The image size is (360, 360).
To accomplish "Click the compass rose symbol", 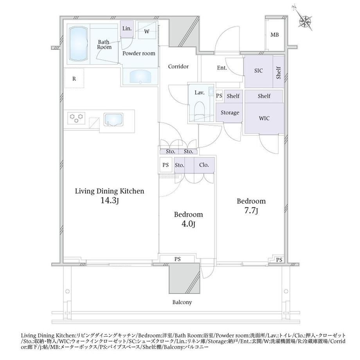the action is tap(305, 21).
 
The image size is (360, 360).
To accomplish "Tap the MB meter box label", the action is tap(275, 35).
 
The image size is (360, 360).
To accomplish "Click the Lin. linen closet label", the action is tap(127, 29).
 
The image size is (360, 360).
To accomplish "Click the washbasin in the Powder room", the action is tap(140, 76).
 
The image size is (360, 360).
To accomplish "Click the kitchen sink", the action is tap(113, 119).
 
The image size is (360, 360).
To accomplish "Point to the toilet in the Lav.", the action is tap(200, 110).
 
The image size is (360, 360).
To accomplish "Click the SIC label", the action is tap(258, 71).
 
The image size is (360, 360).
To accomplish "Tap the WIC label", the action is tap(264, 119).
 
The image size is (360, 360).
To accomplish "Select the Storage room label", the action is tap(230, 113).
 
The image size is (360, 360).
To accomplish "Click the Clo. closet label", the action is tap(204, 165).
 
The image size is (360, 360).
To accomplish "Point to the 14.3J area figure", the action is tap(110, 201).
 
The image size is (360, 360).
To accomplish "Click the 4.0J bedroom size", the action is tap(188, 224).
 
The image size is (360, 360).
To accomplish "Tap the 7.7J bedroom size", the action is tap(251, 211).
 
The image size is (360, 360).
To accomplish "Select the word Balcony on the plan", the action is tap(182, 302).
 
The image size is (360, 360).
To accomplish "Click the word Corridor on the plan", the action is tap(178, 67).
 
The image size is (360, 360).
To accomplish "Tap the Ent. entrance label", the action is tap(222, 68).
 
